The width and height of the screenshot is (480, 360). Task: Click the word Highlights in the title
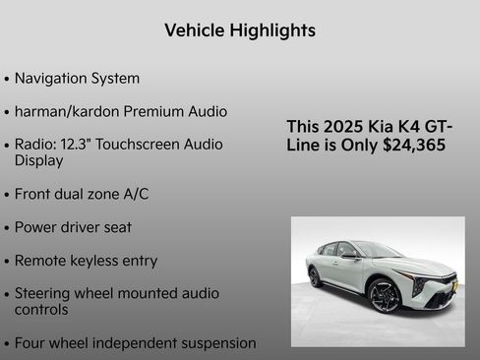(x=270, y=30)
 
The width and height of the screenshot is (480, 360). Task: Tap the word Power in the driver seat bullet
(x=37, y=227)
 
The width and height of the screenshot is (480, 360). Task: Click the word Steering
(x=45, y=293)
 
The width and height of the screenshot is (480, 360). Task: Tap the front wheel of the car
(x=385, y=294)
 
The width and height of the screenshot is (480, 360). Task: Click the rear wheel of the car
(x=316, y=277)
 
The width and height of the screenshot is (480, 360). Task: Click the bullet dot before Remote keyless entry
(x=8, y=262)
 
